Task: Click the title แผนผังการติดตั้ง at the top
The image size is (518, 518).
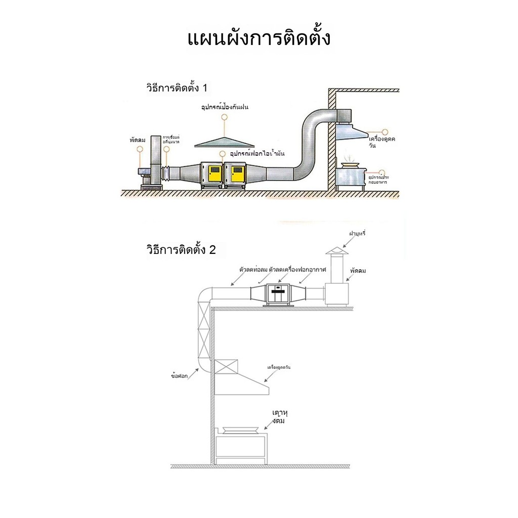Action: (x=258, y=39)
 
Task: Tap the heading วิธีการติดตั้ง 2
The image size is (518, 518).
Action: (x=181, y=250)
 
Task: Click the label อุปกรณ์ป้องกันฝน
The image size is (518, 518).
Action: (x=225, y=108)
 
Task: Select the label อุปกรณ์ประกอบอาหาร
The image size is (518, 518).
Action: (x=378, y=181)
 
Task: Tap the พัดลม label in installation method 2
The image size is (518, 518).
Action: (x=357, y=271)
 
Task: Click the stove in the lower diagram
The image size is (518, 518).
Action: (x=241, y=445)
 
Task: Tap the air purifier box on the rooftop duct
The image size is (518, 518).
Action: (x=276, y=293)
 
